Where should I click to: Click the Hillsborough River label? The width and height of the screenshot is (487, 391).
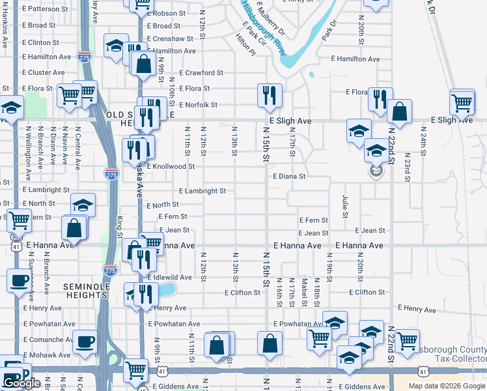pyautogui.click(x=264, y=26)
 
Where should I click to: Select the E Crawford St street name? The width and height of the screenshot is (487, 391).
pyautogui.click(x=201, y=73)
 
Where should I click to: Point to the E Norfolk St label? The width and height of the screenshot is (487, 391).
pyautogui.click(x=195, y=104)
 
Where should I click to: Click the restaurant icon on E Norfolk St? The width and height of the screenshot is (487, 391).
pyautogui.click(x=268, y=96)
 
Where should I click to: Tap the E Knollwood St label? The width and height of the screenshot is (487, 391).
pyautogui.click(x=171, y=166)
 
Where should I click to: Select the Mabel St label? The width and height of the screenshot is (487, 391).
pyautogui.click(x=304, y=292)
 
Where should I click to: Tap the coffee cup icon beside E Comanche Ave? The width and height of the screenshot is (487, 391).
pyautogui.click(x=85, y=341)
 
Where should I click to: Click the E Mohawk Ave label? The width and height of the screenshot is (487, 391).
pyautogui.click(x=46, y=356)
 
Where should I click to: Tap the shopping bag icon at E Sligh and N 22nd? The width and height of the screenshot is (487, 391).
pyautogui.click(x=399, y=111)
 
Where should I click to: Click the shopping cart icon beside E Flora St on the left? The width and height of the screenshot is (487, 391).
pyautogui.click(x=68, y=95)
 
